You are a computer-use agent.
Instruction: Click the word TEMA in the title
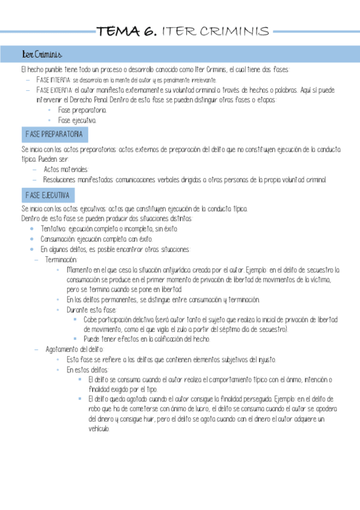click(x=118, y=32)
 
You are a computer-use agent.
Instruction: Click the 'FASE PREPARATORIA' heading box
click(x=55, y=134)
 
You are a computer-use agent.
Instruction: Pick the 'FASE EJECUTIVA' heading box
click(x=48, y=195)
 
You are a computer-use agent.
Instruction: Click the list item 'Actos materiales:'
click(x=66, y=169)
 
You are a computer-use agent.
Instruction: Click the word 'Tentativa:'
click(x=54, y=229)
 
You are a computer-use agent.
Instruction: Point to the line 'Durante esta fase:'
click(x=92, y=310)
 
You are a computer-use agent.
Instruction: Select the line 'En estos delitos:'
click(x=88, y=369)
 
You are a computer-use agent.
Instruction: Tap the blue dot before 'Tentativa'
click(x=32, y=229)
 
